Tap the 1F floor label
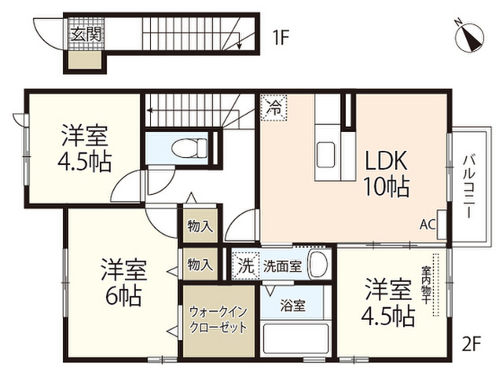[x=281, y=35]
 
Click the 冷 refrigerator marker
[x=274, y=106]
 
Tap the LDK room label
[x=384, y=161]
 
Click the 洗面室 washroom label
[x=282, y=265]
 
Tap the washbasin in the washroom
[x=318, y=265]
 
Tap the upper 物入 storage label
[x=200, y=226]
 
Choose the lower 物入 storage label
[x=200, y=265]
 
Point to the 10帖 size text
[x=384, y=188]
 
